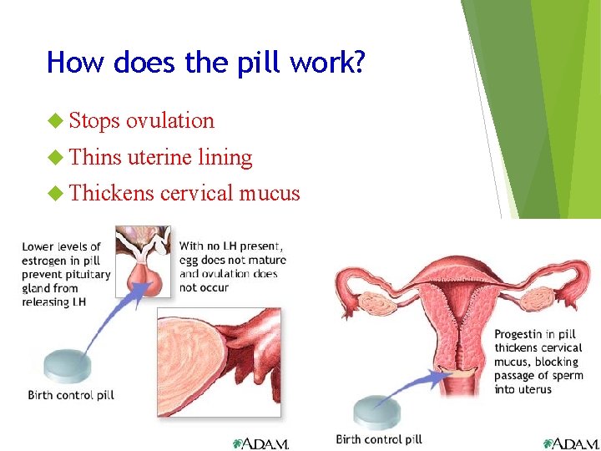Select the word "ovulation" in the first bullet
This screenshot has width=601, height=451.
coord(170,120)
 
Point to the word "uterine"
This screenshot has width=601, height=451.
coord(162,157)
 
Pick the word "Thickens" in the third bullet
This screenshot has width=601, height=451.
coord(112,193)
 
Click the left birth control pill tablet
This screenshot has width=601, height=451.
coord(67,366)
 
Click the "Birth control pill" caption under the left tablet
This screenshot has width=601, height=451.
coord(71,394)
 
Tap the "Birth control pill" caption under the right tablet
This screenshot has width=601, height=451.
coord(379,439)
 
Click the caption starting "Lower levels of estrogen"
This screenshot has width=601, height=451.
coord(66,274)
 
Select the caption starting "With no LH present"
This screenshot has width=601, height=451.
coord(232,266)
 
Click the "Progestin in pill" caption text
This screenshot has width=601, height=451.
coord(538,361)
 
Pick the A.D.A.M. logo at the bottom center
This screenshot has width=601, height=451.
coord(260,443)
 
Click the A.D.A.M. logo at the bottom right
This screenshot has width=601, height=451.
coord(571,443)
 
